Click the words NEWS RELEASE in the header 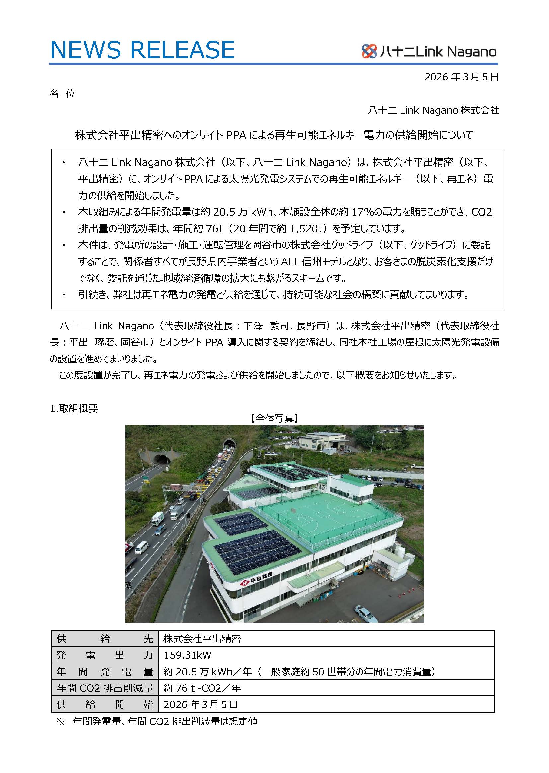point(142,50)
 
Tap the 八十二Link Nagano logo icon point(369,51)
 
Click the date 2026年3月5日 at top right point(461,77)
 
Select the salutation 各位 point(62,93)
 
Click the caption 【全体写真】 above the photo point(274,418)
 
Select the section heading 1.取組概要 point(74,408)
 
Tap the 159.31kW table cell point(187,655)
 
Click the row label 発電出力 point(105,655)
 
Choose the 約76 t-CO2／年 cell point(202,688)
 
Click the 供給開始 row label point(105,704)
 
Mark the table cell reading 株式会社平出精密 point(202,639)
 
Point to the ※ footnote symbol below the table point(60,721)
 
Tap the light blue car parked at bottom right point(366,614)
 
